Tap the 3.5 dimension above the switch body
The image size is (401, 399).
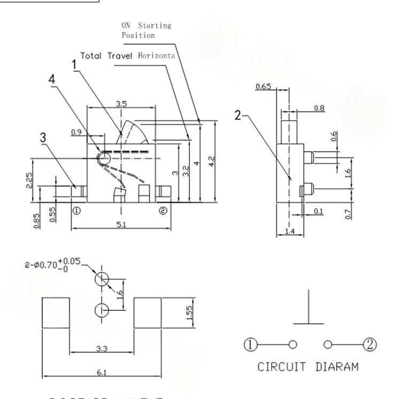coord(121,104)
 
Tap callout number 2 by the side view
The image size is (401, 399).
coord(238,114)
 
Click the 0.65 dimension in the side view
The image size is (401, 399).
coord(263,87)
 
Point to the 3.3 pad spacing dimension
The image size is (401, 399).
coord(101,349)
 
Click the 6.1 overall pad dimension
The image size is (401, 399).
coord(101,372)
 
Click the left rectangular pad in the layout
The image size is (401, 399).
coord(56,312)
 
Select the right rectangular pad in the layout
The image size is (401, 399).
coord(147,312)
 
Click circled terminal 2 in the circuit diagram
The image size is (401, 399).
coord(369,344)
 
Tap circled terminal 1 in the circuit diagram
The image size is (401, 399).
coord(251,344)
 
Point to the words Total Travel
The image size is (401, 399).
coord(109,56)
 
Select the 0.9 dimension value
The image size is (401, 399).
coord(76,132)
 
